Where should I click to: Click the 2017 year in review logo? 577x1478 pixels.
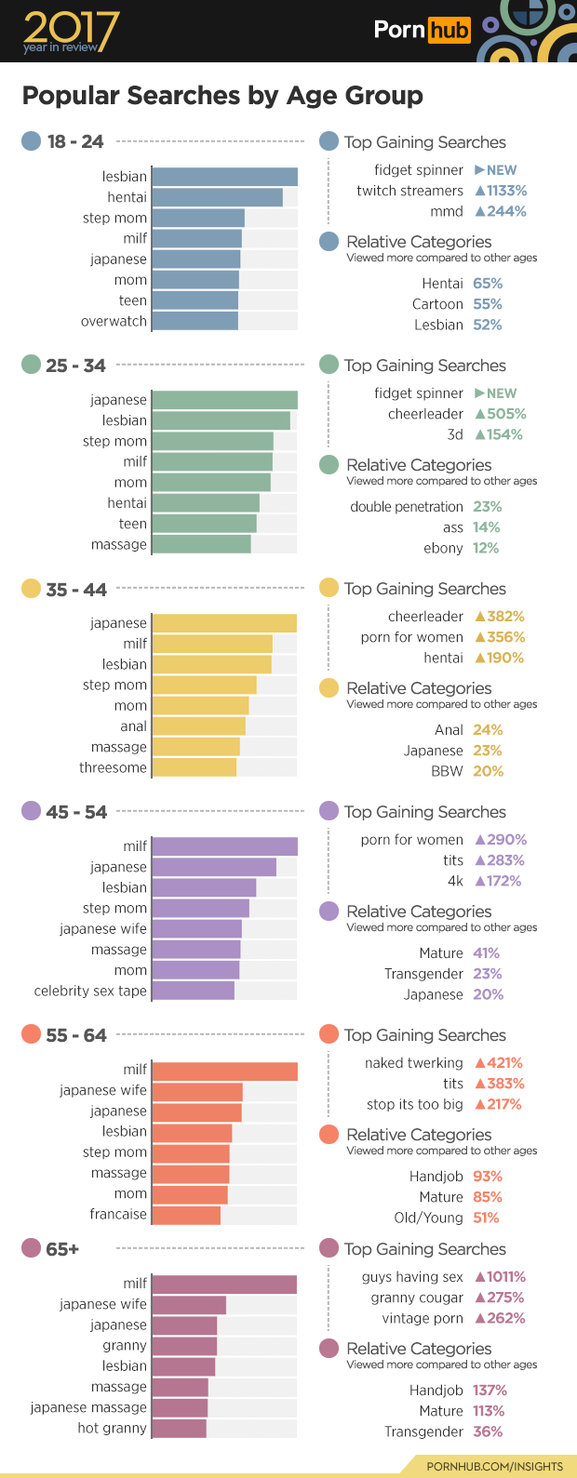pyautogui.click(x=71, y=32)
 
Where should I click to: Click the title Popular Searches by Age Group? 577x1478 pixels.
pyautogui.click(x=222, y=96)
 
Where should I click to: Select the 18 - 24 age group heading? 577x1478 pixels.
pyautogui.click(x=74, y=142)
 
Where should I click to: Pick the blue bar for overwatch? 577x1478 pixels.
pyautogui.click(x=195, y=321)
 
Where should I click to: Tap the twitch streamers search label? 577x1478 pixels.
pyautogui.click(x=409, y=191)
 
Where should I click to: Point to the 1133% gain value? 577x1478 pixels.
pyautogui.click(x=502, y=191)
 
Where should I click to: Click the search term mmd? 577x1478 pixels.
pyautogui.click(x=447, y=211)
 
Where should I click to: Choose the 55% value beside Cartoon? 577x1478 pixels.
pyautogui.click(x=488, y=304)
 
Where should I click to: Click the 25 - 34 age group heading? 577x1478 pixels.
pyautogui.click(x=75, y=366)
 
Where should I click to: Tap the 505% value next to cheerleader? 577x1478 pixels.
pyautogui.click(x=502, y=414)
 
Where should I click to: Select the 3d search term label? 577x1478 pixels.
pyautogui.click(x=455, y=434)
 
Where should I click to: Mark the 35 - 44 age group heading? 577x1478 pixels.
pyautogui.click(x=75, y=590)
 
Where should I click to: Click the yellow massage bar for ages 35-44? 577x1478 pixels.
pyautogui.click(x=195, y=747)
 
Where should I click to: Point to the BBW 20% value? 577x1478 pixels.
pyautogui.click(x=488, y=771)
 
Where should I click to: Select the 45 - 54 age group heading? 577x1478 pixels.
pyautogui.click(x=75, y=812)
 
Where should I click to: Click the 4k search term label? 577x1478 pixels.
pyautogui.click(x=455, y=881)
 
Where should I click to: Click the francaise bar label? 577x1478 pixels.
pyautogui.click(x=118, y=1214)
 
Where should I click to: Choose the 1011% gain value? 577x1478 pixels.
pyautogui.click(x=501, y=1277)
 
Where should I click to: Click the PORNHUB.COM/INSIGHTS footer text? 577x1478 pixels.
pyautogui.click(x=494, y=1467)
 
